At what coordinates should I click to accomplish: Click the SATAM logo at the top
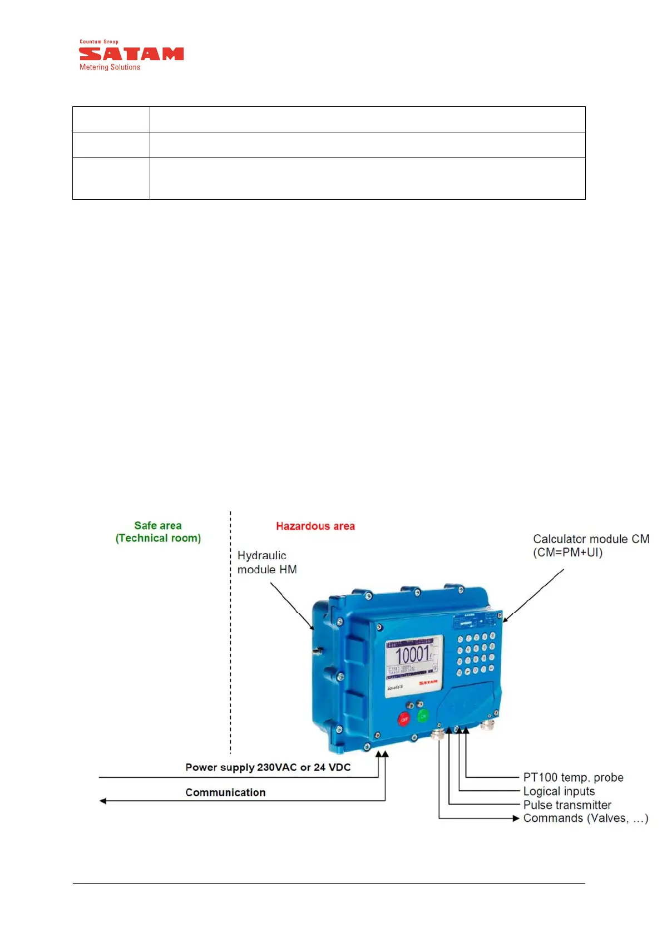point(131,53)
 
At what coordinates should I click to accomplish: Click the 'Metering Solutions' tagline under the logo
point(110,67)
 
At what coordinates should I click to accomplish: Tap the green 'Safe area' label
point(158,525)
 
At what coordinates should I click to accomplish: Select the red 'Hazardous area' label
point(315,526)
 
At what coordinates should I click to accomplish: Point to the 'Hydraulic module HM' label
point(267,562)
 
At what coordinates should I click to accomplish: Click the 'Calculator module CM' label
point(591,539)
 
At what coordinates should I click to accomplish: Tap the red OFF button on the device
point(404,719)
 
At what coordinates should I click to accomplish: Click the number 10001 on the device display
point(412,654)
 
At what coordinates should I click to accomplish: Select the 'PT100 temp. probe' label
point(573,777)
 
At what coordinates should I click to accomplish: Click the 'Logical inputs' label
point(559,791)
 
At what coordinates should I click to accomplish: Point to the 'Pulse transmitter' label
point(567,805)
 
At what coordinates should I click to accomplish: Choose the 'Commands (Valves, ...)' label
point(585,818)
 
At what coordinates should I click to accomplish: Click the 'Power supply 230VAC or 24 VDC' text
point(268,767)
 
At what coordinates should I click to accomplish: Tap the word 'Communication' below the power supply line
point(225,792)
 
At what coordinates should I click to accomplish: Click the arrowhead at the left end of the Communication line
point(102,801)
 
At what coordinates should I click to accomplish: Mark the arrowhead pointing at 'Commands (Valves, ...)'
point(516,818)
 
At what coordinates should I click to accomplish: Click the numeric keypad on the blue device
point(476,654)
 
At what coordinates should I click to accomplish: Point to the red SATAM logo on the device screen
point(428,682)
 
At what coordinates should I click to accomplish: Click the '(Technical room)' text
point(158,538)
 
